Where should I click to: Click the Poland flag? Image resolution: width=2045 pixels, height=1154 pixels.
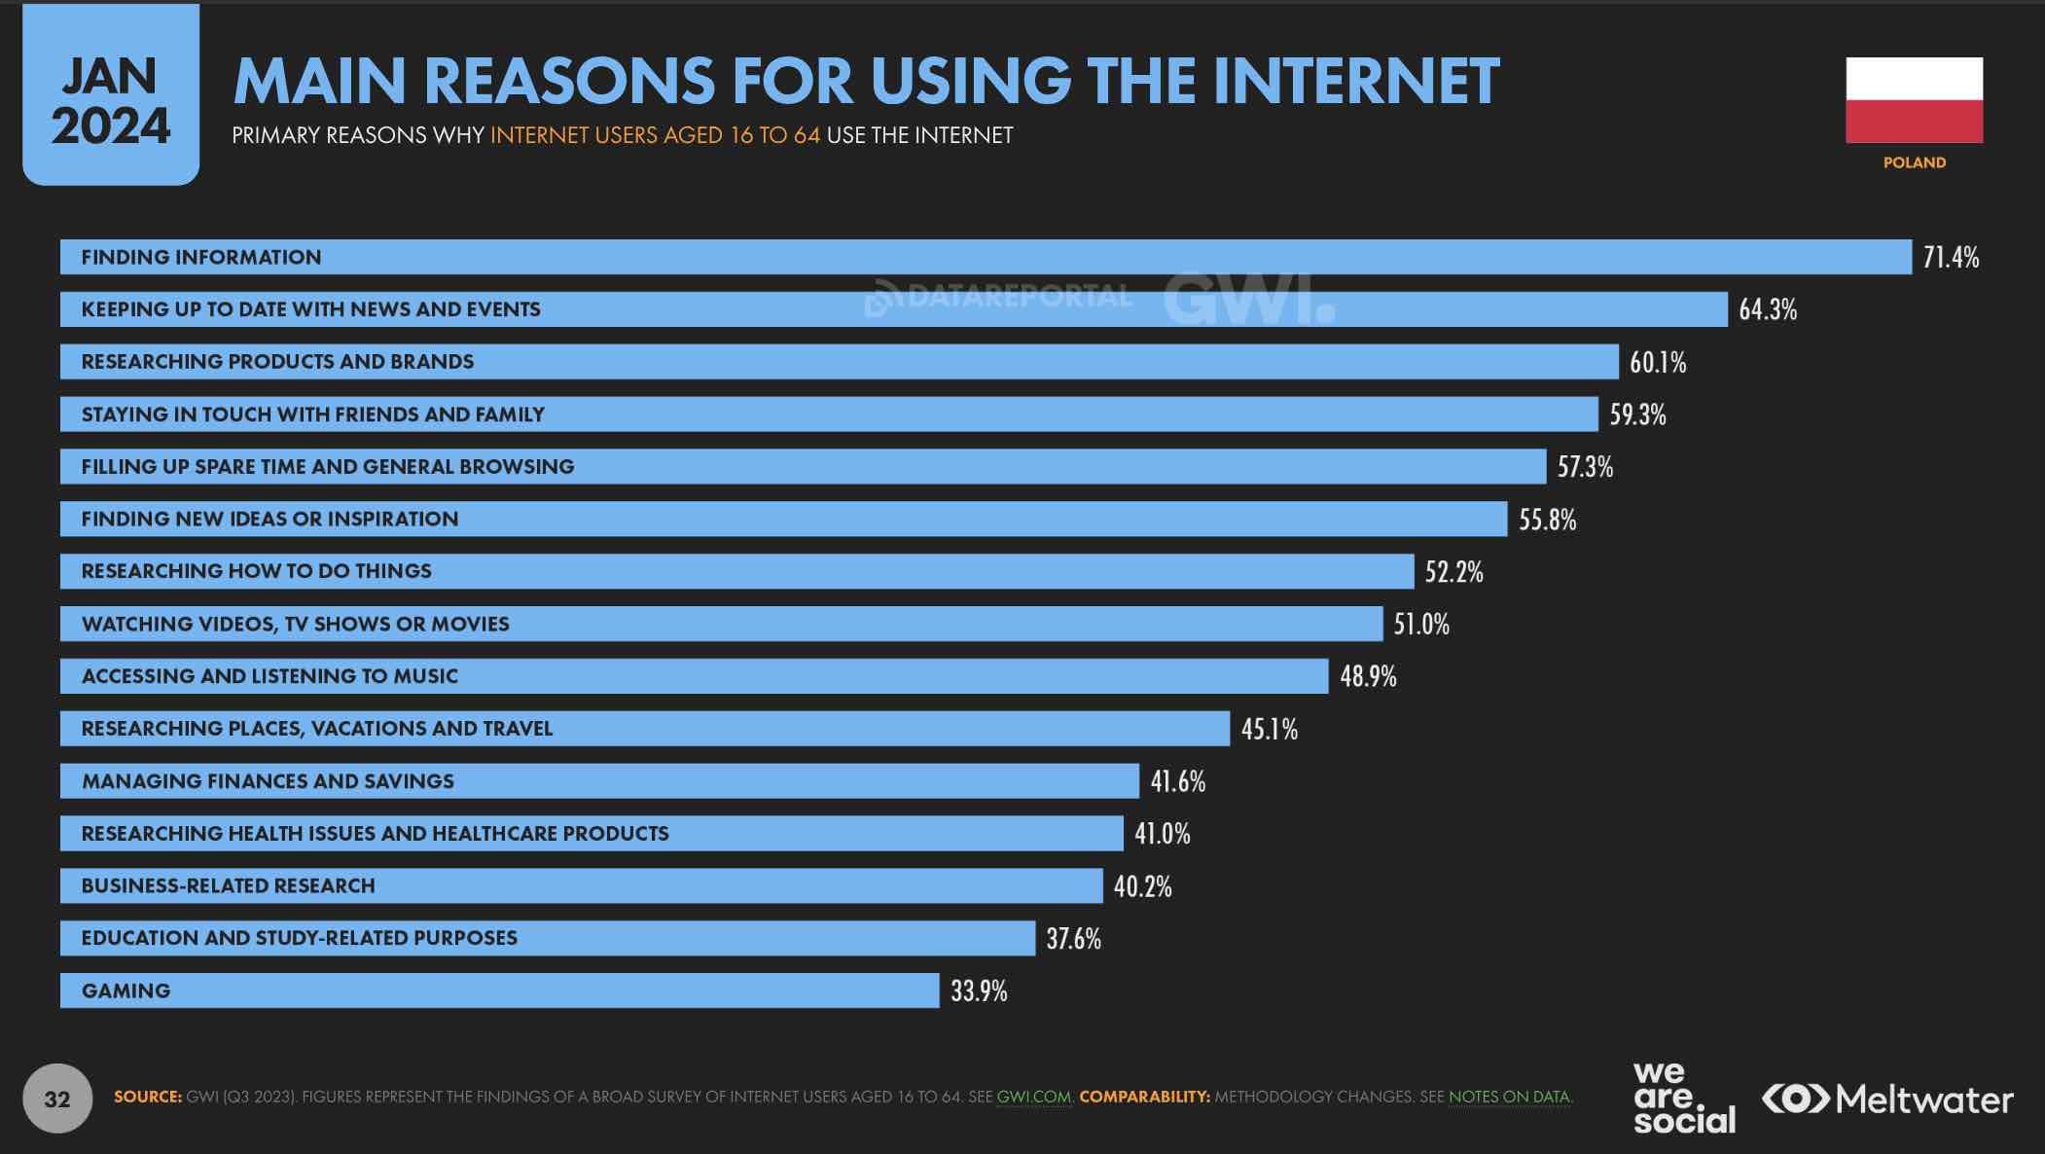point(1914,99)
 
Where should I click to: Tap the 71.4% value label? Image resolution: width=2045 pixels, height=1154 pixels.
point(1951,257)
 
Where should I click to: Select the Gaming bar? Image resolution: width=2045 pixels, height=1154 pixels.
point(499,991)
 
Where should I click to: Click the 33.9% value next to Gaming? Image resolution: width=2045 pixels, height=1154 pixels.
point(979,991)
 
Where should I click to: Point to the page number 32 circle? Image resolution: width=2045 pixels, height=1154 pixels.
point(57,1099)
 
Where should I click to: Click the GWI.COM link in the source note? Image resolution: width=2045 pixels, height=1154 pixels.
point(1033,1097)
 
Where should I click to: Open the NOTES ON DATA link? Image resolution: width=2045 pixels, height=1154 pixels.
point(1509,1097)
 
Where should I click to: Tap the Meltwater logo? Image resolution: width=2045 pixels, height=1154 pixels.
point(1887,1100)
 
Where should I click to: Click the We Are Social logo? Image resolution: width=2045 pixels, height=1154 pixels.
point(1683,1099)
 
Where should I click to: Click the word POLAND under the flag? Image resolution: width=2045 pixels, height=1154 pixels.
point(1914,162)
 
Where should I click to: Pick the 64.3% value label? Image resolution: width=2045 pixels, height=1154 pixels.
point(1768,309)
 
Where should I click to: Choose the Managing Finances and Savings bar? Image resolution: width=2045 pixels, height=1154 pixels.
point(599,781)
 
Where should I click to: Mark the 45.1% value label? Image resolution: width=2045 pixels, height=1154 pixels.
point(1269,729)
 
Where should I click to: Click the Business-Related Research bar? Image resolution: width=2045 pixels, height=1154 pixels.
point(581,885)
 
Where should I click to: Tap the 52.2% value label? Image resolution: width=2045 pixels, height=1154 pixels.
point(1453,571)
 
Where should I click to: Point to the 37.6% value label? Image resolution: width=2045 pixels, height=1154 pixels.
point(1073,938)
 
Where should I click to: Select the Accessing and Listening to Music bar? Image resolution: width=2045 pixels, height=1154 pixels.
point(694,676)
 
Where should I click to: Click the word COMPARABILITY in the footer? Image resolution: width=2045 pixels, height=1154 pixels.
point(1144,1097)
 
